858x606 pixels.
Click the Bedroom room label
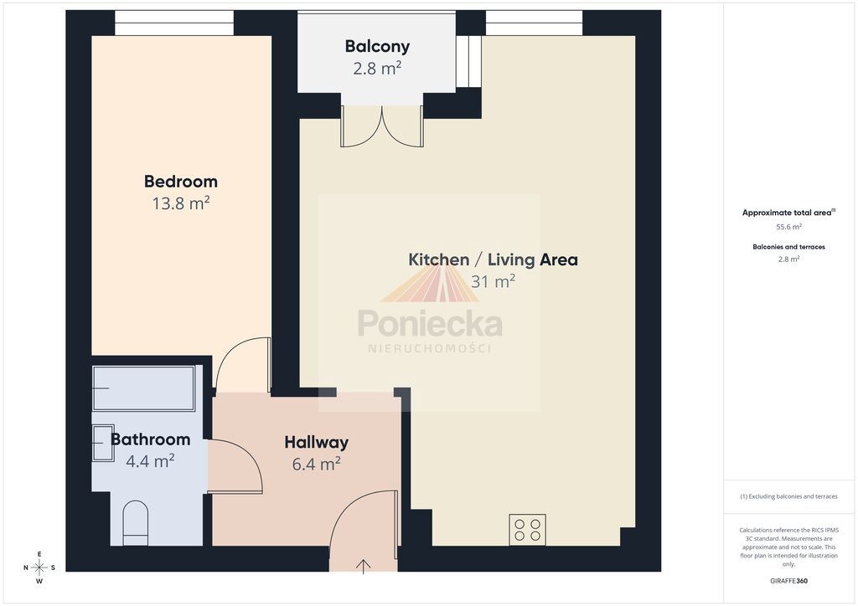click(x=181, y=182)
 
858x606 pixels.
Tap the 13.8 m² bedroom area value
click(x=181, y=203)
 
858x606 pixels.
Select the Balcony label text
click(x=377, y=47)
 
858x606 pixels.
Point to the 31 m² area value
click(x=493, y=281)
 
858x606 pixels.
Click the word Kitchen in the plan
click(x=439, y=259)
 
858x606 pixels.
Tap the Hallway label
click(x=316, y=443)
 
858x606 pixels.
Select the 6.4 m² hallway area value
click(x=316, y=464)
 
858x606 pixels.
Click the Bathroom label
click(x=151, y=439)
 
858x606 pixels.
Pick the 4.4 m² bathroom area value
click(x=150, y=460)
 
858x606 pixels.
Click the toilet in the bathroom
click(x=135, y=523)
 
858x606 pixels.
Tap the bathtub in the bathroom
click(x=144, y=388)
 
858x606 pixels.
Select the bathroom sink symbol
click(x=103, y=443)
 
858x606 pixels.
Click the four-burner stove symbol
click(x=528, y=530)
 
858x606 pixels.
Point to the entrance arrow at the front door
click(x=364, y=566)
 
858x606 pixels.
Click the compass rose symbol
click(x=39, y=567)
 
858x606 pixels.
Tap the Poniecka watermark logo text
click(x=430, y=323)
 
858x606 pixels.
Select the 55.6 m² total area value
click(x=788, y=227)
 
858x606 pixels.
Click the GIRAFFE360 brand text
click(x=788, y=581)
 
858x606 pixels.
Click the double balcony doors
click(x=382, y=126)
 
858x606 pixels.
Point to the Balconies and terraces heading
click(x=788, y=247)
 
